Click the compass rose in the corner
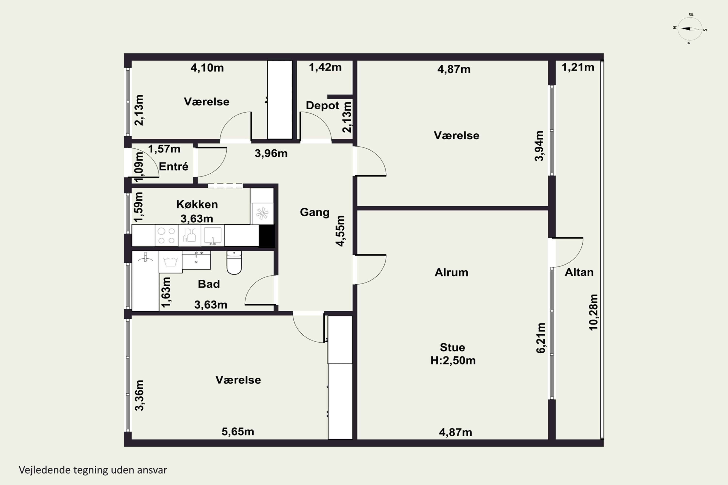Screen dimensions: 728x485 (690, 29)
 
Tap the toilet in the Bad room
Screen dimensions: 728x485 (234, 263)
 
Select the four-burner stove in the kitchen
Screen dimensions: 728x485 (166, 235)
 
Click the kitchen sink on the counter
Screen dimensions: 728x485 (213, 235)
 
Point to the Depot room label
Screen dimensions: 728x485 (322, 105)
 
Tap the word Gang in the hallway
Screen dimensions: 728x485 (314, 212)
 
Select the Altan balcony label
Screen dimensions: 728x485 (579, 272)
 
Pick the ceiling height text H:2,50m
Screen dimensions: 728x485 (453, 361)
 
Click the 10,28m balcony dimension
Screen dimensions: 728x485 (593, 312)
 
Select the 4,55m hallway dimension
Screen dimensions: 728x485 (340, 231)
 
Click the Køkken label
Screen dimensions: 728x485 (197, 204)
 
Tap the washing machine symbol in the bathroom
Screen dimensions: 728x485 (170, 262)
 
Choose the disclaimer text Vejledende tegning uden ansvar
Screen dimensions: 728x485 (93, 470)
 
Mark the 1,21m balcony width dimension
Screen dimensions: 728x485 (578, 67)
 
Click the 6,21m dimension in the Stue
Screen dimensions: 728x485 (541, 338)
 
